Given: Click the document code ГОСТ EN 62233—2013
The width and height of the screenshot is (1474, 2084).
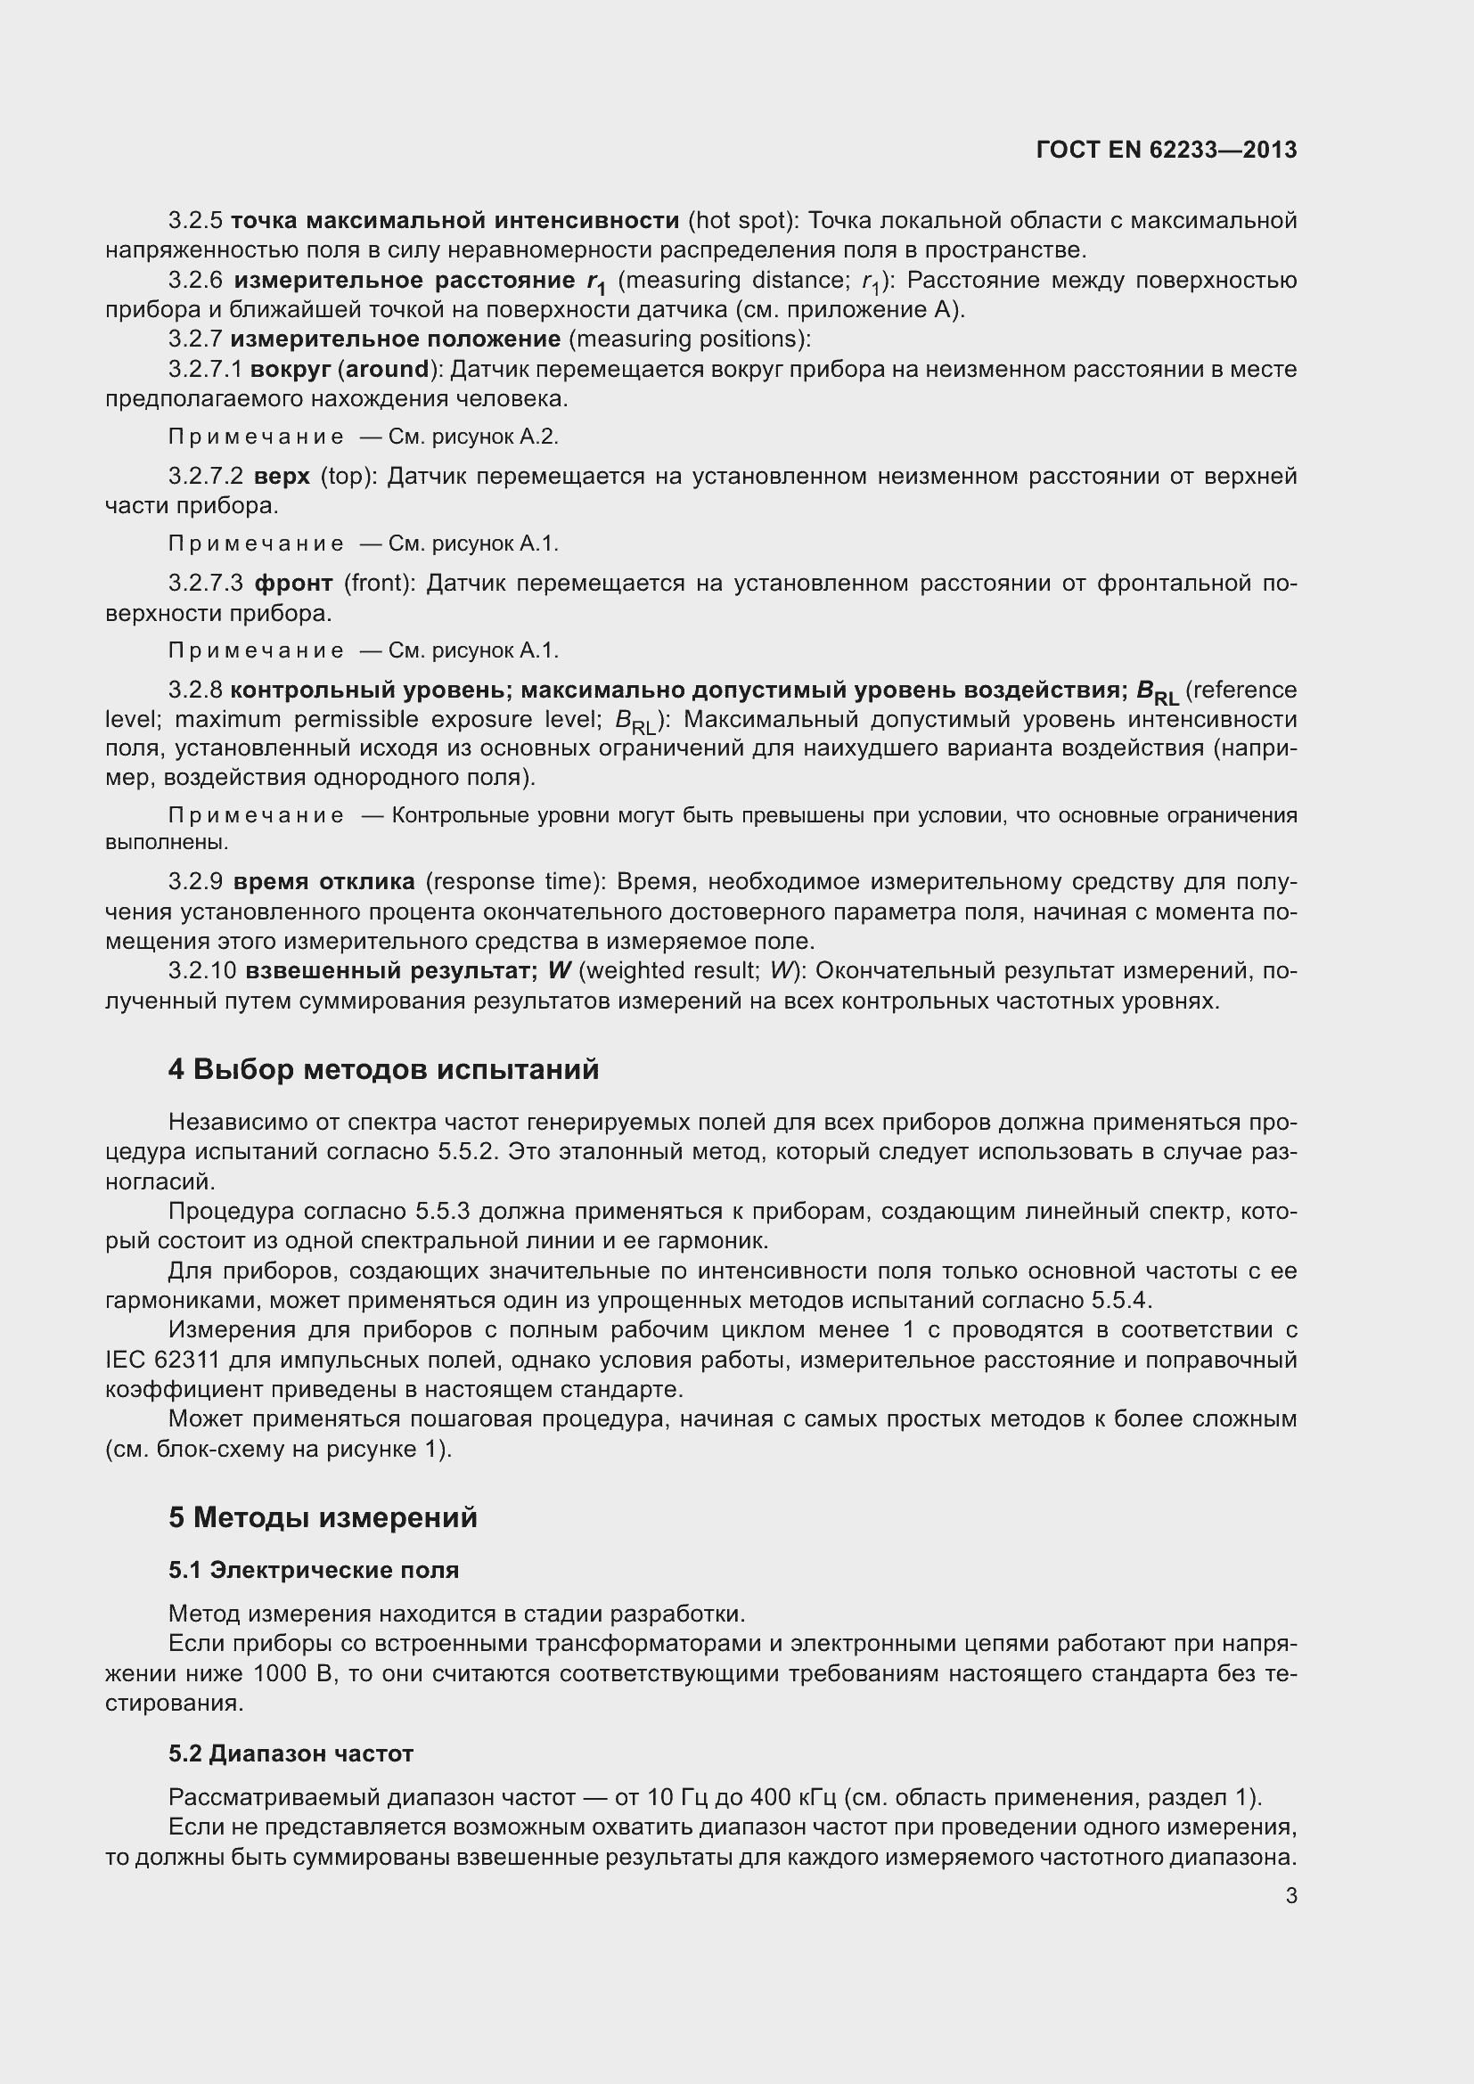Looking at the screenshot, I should pos(1166,151).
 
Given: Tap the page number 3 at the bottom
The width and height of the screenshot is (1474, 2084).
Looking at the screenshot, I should pos(1290,1895).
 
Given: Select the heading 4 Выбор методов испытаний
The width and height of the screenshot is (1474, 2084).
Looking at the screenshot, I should pos(383,1069).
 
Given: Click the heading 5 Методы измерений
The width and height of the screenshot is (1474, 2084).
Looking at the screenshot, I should pos(323,1516).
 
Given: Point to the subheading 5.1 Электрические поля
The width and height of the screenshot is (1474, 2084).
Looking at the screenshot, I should pos(313,1569).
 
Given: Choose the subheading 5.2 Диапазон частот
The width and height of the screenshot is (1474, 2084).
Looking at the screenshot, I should pos(291,1753).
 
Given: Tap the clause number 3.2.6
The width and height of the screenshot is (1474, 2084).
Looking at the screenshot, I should pos(195,281).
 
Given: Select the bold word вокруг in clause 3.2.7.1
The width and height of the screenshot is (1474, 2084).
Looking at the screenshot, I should pos(290,370).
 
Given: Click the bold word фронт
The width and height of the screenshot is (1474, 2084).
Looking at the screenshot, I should pos(293,583).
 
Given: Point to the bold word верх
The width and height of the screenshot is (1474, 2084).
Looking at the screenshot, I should pos(282,477).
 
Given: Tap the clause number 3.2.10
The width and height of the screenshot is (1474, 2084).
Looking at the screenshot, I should pos(201,971).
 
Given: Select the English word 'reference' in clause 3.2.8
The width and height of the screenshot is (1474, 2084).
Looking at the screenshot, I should pos(1244,691).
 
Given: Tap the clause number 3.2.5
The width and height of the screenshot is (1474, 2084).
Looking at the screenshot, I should pos(195,221).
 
